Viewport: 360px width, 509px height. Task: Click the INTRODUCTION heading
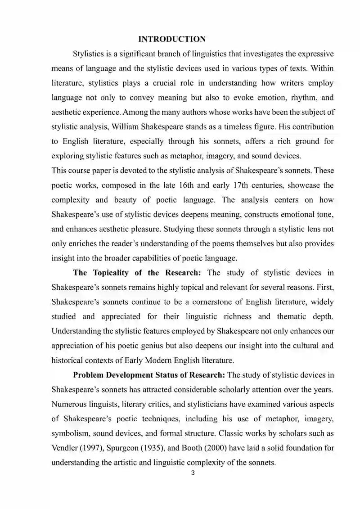click(172, 39)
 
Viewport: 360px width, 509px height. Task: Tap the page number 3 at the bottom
click(193, 473)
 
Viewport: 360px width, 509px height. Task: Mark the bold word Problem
click(87, 375)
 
